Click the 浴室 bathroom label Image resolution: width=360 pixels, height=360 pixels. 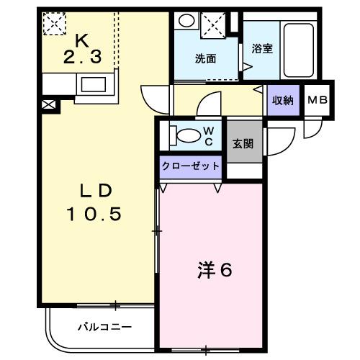point(262,49)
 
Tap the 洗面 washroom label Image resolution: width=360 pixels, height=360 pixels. point(205,59)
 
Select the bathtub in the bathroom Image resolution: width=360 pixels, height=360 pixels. point(299,50)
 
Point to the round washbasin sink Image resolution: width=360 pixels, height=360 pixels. point(186,21)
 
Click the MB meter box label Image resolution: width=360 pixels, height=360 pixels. point(318,100)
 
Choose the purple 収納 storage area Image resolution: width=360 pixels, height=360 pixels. point(284,100)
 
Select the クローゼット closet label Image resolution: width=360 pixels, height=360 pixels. point(191,166)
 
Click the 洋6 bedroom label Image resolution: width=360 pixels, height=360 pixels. point(215,270)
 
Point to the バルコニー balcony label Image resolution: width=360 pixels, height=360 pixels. point(105,327)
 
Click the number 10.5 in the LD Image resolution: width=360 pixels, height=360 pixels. point(94,215)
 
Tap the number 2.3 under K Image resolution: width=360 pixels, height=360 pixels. point(82,58)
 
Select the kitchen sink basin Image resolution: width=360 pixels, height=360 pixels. point(94,84)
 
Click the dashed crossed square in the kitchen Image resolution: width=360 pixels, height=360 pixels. point(55,24)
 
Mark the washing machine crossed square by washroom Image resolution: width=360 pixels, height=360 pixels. point(213,25)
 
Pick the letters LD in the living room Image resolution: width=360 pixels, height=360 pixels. point(96,191)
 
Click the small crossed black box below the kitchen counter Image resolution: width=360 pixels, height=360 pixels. point(49,104)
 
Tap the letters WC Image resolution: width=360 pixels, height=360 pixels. point(209,136)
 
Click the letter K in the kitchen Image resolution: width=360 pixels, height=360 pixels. point(82,40)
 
